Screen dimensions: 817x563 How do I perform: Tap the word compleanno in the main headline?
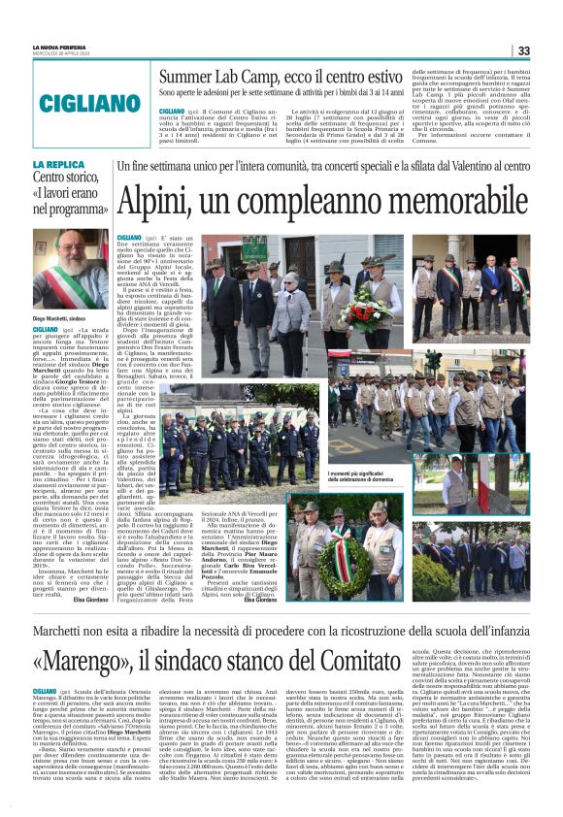(x=297, y=201)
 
